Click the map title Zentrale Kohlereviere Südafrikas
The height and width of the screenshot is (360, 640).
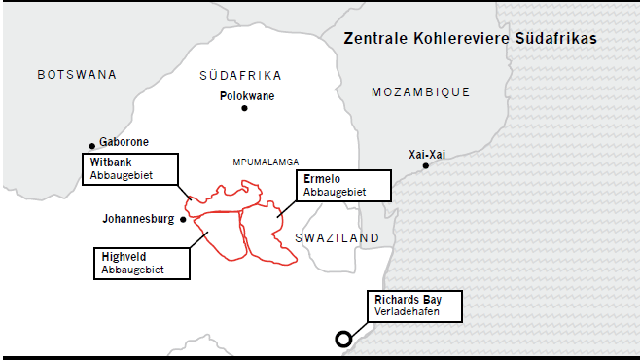(470, 39)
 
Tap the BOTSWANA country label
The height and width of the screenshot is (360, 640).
(77, 75)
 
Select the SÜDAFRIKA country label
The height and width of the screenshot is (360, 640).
(240, 75)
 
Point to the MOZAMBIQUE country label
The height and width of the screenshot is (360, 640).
(420, 92)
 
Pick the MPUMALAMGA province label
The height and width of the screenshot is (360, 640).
(266, 162)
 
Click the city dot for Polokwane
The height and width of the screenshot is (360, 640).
(245, 108)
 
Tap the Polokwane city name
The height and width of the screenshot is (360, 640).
(247, 96)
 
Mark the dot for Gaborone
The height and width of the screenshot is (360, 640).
(92, 145)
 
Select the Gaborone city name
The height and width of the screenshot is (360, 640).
(124, 142)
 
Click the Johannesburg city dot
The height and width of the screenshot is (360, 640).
(183, 219)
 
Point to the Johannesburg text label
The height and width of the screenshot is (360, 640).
(138, 219)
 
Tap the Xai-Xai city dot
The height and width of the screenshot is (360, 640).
(425, 165)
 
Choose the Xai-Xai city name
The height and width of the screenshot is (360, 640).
(429, 154)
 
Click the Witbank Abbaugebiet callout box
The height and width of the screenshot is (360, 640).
(130, 168)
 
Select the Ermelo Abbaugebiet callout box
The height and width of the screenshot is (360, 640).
(343, 185)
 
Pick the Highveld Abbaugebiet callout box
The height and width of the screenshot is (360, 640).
(142, 263)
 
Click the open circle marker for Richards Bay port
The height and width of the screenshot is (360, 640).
(343, 340)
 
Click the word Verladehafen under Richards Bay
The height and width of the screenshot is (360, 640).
(407, 312)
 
